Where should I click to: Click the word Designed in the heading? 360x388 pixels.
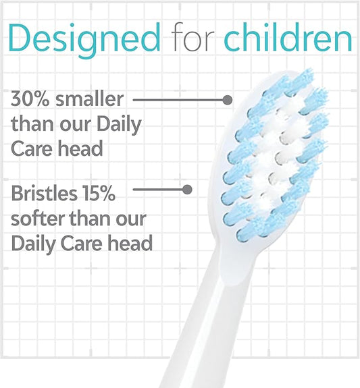coord(84,38)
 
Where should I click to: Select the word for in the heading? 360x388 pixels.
coord(192,38)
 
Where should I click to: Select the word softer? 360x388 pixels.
coord(37,219)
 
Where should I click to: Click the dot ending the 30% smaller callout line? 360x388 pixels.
coord(227,100)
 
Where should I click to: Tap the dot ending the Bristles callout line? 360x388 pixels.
coord(188,190)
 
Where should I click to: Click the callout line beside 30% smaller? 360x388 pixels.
coord(179,100)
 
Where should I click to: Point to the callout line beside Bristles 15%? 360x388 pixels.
coord(159,190)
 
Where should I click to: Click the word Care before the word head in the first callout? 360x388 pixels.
coord(34,148)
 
